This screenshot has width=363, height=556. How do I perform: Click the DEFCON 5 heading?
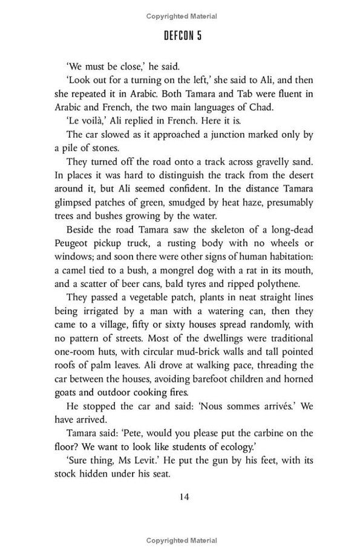(182, 36)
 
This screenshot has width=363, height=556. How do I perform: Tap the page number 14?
(181, 497)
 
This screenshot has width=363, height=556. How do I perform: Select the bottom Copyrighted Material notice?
(181, 540)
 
